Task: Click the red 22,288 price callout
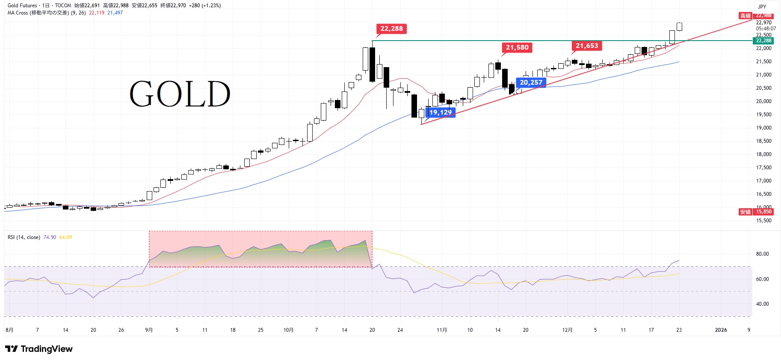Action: (391, 29)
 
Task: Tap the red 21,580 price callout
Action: (517, 47)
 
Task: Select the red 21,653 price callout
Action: (587, 46)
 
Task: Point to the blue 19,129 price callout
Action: (441, 112)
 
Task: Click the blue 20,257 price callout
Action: (531, 83)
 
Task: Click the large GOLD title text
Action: (180, 94)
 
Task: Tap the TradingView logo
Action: (39, 349)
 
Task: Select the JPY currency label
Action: (762, 6)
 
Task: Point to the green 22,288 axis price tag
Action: (763, 41)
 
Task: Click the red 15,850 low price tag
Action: (763, 212)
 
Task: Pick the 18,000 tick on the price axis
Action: (763, 154)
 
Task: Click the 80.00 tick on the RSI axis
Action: (762, 254)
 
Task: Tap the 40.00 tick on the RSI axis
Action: (762, 304)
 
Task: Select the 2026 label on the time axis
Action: (721, 330)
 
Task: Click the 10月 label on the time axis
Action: (289, 330)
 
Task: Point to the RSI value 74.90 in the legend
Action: (50, 237)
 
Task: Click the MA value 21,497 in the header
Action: (115, 13)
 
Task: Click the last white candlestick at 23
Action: (679, 27)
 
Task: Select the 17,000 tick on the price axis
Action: (763, 181)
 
